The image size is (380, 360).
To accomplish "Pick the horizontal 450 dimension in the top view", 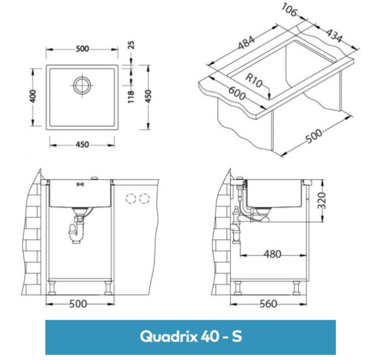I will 82,145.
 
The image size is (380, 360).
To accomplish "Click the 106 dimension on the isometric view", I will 289,9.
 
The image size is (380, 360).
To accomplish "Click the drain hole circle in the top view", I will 82,84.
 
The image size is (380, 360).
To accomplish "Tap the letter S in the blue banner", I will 236,336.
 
